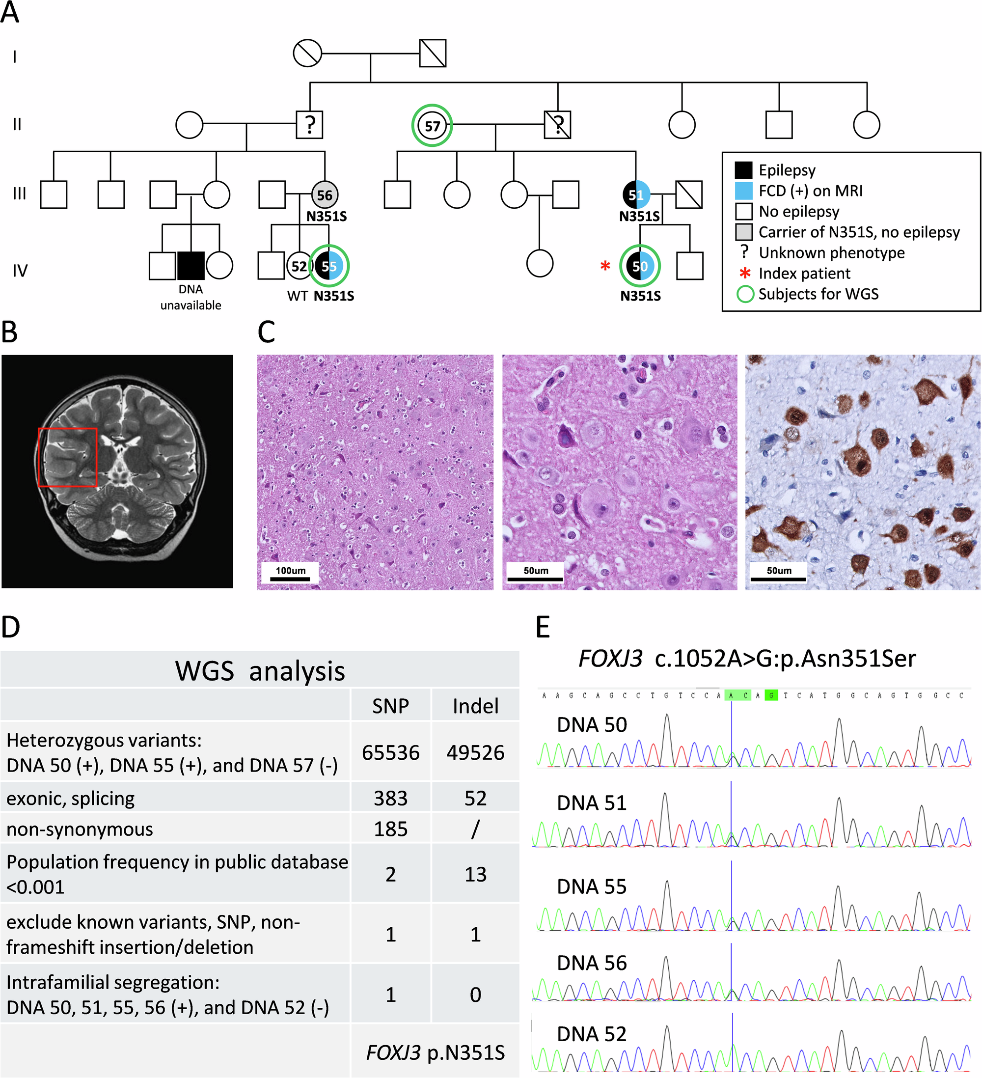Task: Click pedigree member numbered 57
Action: click(432, 126)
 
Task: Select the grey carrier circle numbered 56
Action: click(325, 194)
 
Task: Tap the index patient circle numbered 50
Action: click(640, 266)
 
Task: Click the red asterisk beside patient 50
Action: click(604, 266)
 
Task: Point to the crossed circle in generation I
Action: click(307, 53)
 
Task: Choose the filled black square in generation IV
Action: click(191, 266)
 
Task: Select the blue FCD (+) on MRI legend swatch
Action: click(743, 191)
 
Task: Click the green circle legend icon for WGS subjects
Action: click(745, 294)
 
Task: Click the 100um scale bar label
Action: click(290, 571)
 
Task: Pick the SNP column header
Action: click(390, 706)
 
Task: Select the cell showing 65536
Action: click(390, 752)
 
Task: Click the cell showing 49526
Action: click(475, 752)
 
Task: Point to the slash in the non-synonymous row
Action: click(475, 829)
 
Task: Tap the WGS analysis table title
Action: click(260, 670)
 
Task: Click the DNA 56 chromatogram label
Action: click(591, 963)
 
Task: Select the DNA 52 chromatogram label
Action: click(591, 1034)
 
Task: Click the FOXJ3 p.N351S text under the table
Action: click(435, 1052)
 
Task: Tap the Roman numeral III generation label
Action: click(19, 193)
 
